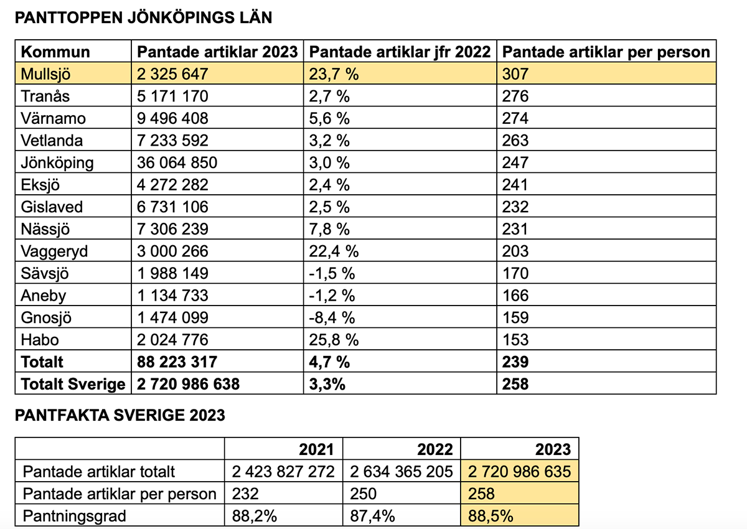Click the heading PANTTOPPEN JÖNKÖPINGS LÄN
coord(143,17)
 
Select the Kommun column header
coord(55,52)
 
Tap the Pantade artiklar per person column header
coord(605,52)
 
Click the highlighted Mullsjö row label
coord(46,74)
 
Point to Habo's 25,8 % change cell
coord(334,340)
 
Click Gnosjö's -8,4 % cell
coord(332,317)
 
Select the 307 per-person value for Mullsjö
coord(515,74)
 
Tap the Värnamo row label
coord(53,118)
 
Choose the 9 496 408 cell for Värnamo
coord(172,118)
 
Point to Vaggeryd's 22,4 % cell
coord(334,251)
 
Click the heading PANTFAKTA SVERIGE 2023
coord(120,416)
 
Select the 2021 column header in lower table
coord(316,449)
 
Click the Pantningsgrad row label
coord(73,516)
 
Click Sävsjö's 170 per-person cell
coord(515,273)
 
